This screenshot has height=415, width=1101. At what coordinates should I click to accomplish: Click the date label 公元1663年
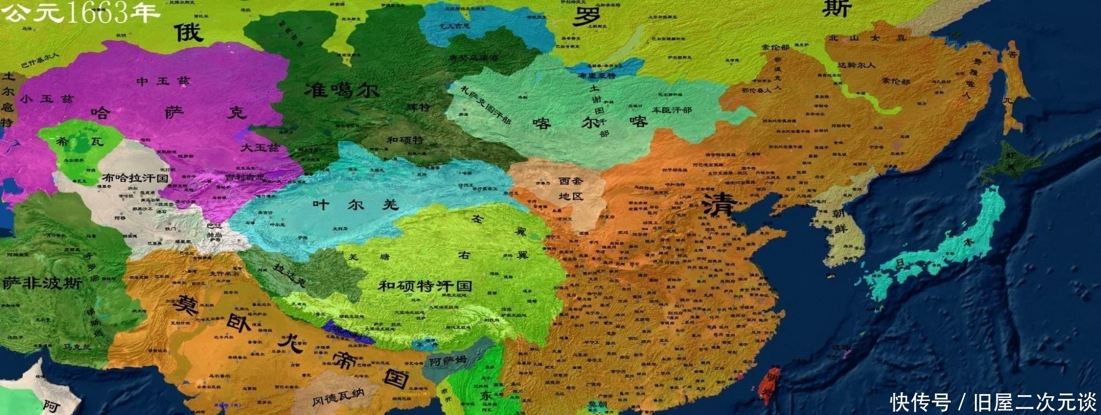click(80, 12)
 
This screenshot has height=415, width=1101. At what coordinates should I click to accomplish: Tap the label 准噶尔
click(342, 89)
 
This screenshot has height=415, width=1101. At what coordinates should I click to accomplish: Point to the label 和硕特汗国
click(424, 285)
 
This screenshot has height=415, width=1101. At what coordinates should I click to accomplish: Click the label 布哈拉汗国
click(135, 178)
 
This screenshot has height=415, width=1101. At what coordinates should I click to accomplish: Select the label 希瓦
click(80, 142)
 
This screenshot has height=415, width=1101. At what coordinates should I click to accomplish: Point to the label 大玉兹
click(260, 148)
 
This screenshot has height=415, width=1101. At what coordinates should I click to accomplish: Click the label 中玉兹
click(163, 81)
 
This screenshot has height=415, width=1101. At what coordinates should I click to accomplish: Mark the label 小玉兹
click(46, 99)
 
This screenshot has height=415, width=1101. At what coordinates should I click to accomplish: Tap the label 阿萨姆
click(447, 362)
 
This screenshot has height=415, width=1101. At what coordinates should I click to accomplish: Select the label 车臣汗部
click(672, 110)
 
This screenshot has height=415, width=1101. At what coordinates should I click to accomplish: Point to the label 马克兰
click(77, 347)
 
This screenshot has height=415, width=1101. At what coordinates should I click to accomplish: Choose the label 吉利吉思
click(245, 177)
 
